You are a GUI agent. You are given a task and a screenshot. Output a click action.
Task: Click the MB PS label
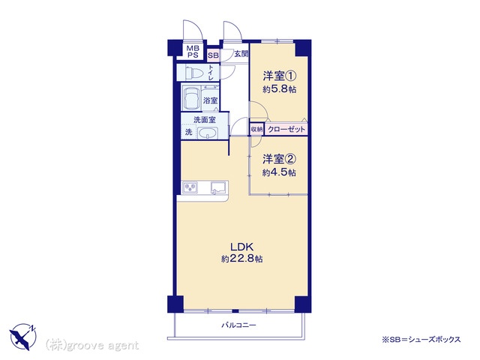tap(193, 52)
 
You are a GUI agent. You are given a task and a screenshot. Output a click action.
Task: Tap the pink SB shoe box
tap(213, 55)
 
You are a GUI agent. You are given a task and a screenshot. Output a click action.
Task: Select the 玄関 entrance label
tap(241, 54)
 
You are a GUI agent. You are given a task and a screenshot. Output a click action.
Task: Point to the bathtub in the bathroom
tap(191, 97)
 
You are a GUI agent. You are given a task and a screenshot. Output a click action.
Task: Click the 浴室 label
tap(210, 100)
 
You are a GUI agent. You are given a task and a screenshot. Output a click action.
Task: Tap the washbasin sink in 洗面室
tap(208, 133)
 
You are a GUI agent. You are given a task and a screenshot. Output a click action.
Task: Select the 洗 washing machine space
tap(189, 132)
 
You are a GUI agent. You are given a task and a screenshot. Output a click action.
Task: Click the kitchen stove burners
tap(190, 187)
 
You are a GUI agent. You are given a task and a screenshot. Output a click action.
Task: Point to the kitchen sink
tap(218, 187)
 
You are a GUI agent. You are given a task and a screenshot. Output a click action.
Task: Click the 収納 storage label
tap(256, 130)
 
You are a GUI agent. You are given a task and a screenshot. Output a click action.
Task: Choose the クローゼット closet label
tap(286, 129)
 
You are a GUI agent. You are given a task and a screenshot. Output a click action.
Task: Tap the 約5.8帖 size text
tap(279, 89)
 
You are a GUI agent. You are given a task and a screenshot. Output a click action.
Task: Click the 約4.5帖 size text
tap(279, 173)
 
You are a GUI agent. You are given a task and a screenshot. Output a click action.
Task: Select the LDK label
tap(241, 247)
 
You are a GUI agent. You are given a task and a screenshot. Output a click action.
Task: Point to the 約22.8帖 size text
tap(241, 259)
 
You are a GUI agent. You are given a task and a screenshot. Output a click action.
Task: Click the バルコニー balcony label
tap(238, 325)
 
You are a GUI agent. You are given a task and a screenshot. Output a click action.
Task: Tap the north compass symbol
tap(23, 337)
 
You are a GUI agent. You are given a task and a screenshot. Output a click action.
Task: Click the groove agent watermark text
tap(91, 345)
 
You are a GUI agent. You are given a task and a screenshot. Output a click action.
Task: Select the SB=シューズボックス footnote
tap(421, 340)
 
